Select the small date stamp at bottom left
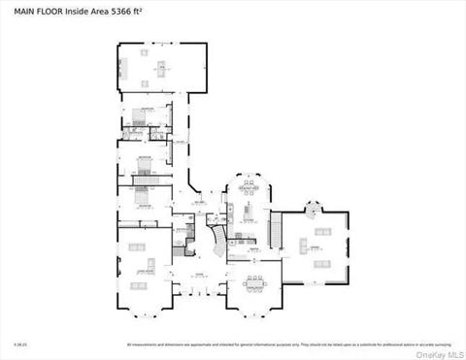[18, 344]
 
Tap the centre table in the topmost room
[161, 67]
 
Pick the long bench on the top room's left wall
[121, 67]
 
